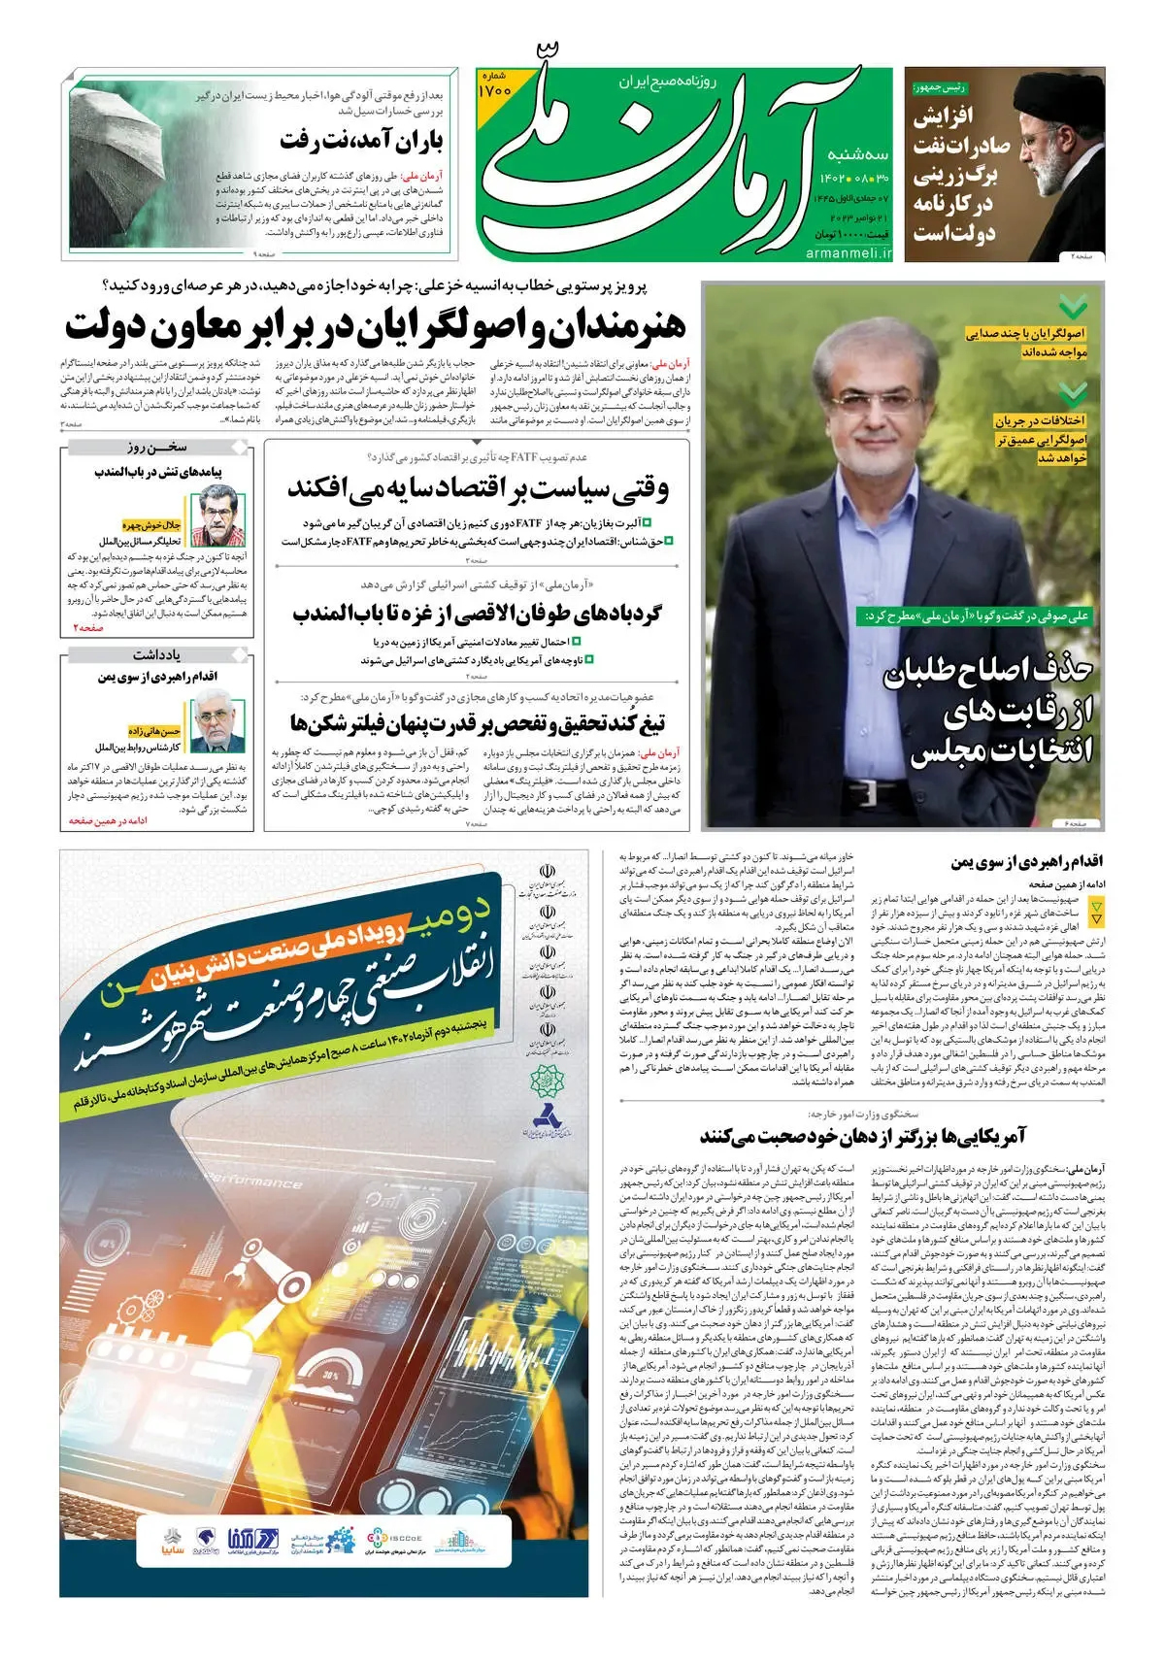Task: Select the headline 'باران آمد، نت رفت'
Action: click(x=361, y=142)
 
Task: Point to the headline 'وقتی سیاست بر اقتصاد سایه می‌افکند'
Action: click(x=477, y=488)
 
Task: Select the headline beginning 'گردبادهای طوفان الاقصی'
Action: click(x=477, y=614)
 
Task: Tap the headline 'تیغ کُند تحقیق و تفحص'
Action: click(x=477, y=723)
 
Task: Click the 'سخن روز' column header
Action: click(x=156, y=447)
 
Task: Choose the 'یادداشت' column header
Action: click(x=156, y=654)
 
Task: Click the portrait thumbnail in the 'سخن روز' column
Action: click(x=217, y=515)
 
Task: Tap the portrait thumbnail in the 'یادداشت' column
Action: click(x=217, y=719)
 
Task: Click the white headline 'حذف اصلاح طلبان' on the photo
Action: click(x=987, y=672)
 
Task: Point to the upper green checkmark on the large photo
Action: click(x=1073, y=308)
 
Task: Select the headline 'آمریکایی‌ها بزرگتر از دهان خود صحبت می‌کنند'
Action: click(x=862, y=1136)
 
